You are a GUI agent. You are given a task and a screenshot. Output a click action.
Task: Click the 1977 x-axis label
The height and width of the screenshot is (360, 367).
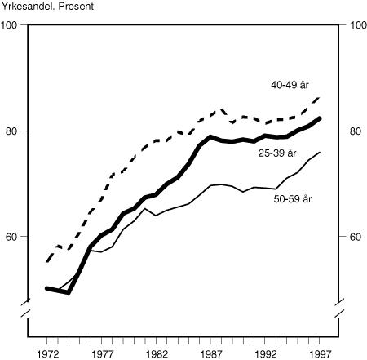pos(102,354)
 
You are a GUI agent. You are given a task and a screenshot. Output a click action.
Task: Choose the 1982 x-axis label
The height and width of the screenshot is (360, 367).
pos(157,354)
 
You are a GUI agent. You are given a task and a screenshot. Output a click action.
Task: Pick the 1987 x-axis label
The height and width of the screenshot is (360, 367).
pos(213,354)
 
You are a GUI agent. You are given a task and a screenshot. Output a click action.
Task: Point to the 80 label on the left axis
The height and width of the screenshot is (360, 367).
pos(11,131)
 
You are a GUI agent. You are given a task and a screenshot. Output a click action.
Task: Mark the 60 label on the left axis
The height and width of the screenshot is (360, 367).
pos(11,237)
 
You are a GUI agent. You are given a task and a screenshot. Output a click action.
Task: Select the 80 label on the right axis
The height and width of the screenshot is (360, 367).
pos(355,131)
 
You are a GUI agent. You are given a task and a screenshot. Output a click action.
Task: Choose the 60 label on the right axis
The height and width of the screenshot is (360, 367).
pos(355,237)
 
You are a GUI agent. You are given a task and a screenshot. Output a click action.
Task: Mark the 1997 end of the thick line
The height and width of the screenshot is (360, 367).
pos(320,118)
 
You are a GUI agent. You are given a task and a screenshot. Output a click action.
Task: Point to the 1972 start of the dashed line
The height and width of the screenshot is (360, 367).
pos(46,262)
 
